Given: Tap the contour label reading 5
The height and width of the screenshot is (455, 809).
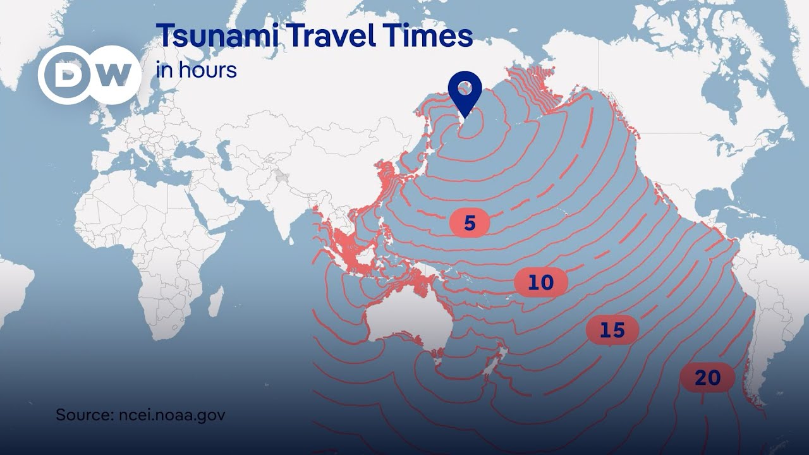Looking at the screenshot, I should [x=469, y=222].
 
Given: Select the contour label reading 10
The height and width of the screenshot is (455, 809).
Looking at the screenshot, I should [x=540, y=282].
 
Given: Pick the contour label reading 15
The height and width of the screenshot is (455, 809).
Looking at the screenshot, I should [x=612, y=330].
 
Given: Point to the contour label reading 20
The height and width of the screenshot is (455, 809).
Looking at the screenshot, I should [x=707, y=378].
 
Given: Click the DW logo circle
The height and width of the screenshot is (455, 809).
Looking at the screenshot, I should [x=89, y=75].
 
